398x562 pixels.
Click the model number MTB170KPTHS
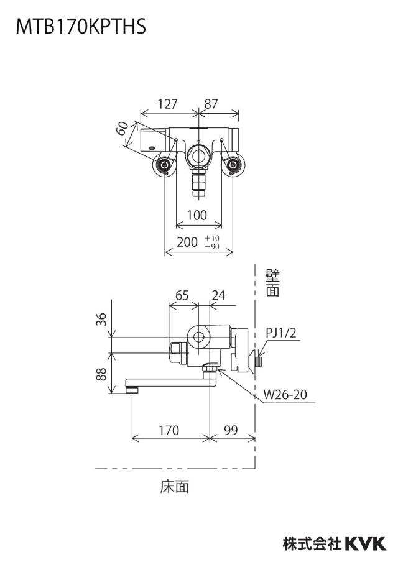(81, 26)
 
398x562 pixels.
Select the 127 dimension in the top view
(167, 104)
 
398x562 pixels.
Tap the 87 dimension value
(211, 104)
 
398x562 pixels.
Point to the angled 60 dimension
(123, 128)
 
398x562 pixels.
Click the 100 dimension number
(197, 215)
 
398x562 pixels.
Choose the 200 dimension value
(187, 242)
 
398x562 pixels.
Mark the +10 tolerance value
(212, 238)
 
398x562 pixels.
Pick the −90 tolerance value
(212, 247)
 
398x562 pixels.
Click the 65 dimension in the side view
(182, 295)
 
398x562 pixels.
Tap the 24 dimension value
(218, 295)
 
